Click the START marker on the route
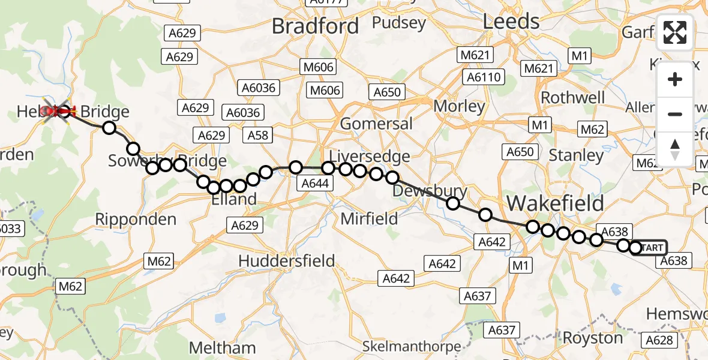651,248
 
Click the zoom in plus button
675,79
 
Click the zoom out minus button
675,114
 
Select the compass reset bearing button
675,149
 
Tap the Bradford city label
315,26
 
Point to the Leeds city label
511,22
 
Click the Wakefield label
555,203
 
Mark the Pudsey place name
398,23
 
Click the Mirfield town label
369,219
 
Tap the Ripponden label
136,219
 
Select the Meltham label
222,348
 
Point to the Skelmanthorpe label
412,346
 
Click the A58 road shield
259,136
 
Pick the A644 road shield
314,183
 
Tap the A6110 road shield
484,77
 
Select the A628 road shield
659,340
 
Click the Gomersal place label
376,124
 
